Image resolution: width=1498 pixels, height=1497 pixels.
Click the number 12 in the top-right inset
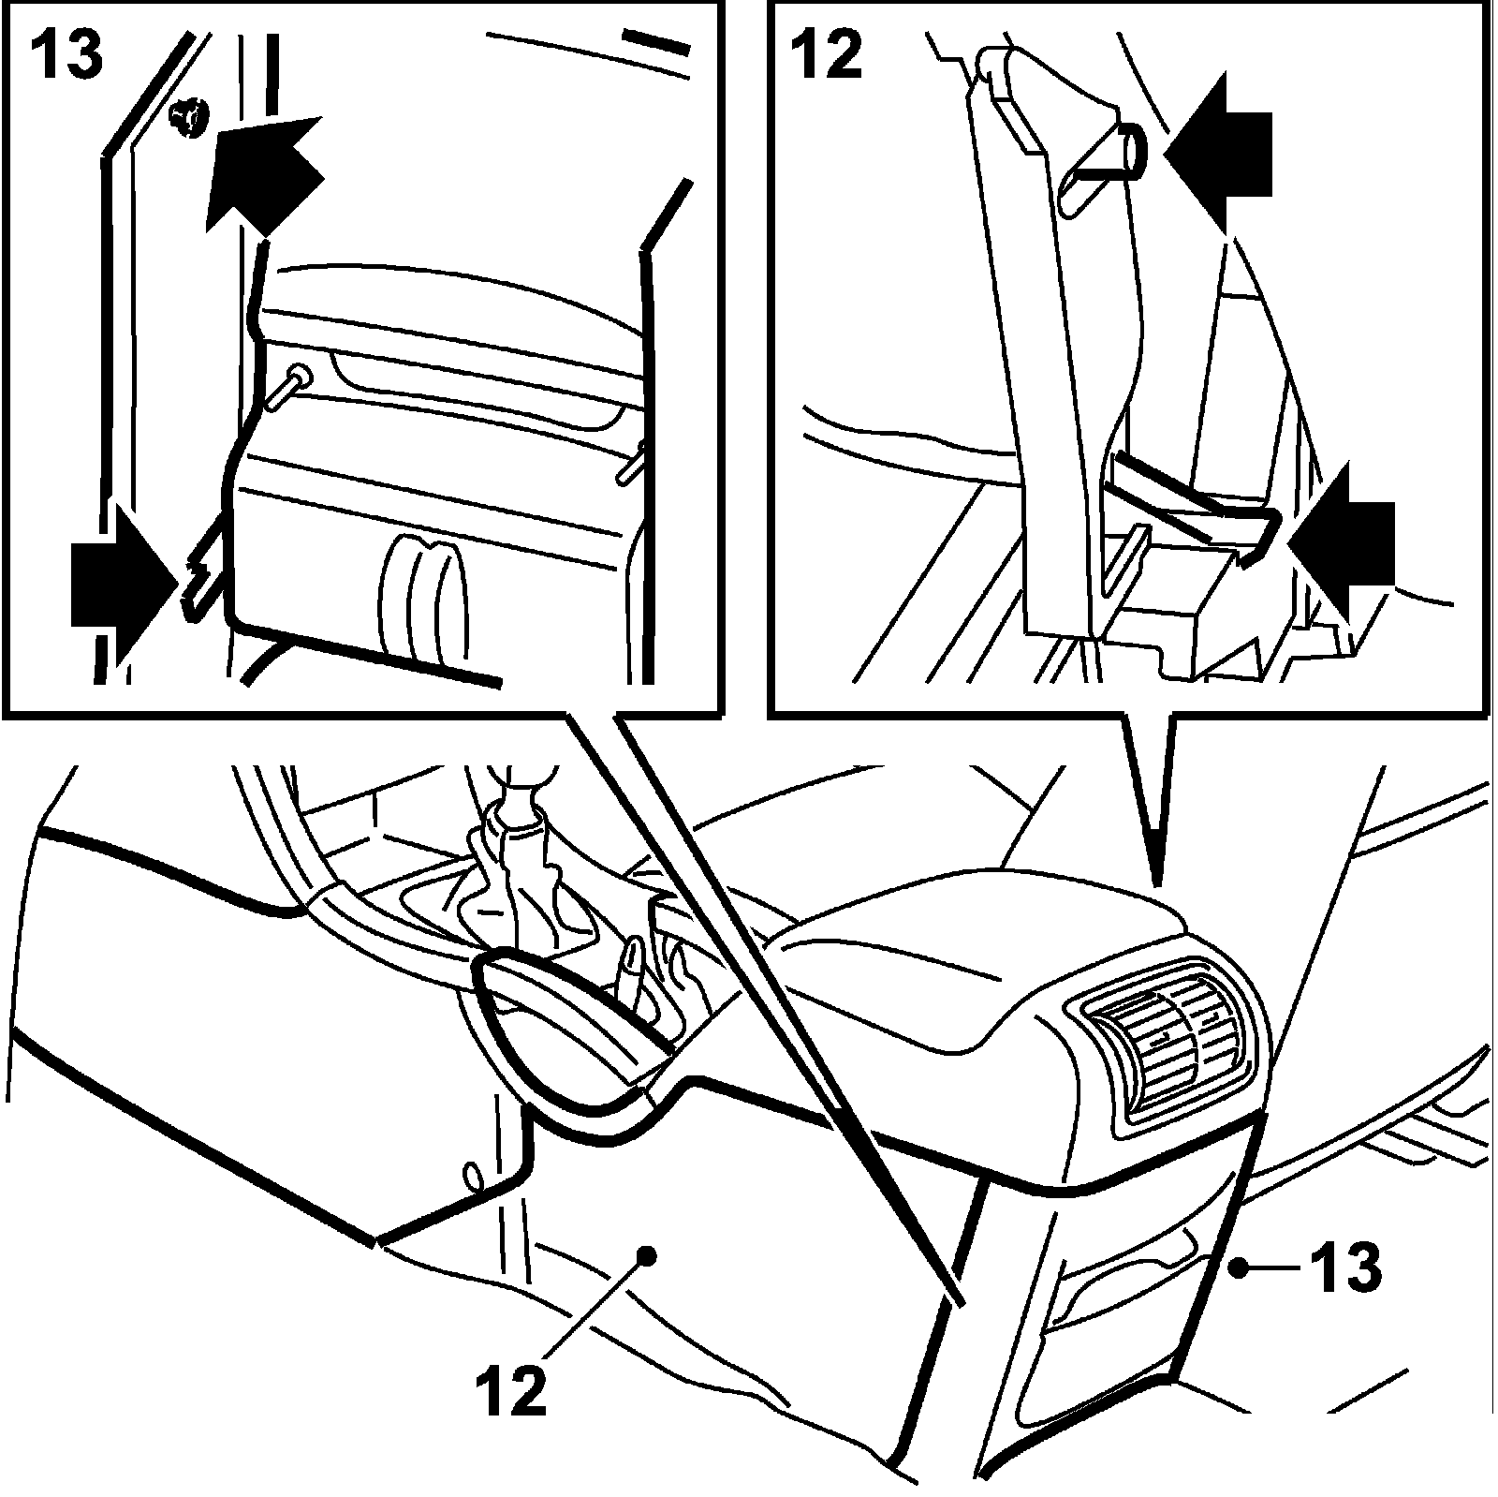(x=826, y=54)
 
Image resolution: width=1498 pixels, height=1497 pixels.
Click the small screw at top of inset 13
(x=190, y=120)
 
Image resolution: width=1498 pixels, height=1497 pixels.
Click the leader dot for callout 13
(x=1239, y=1267)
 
